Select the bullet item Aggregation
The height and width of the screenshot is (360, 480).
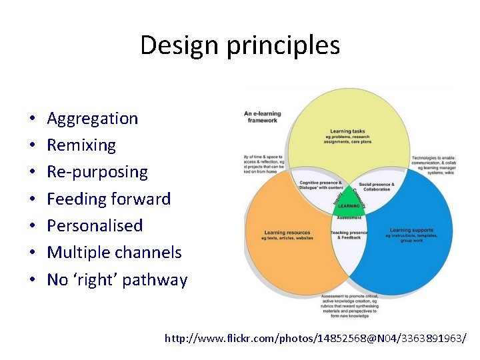pyautogui.click(x=92, y=119)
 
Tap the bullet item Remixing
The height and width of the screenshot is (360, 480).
pyautogui.click(x=81, y=145)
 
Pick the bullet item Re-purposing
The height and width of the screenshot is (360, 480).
pyautogui.click(x=97, y=172)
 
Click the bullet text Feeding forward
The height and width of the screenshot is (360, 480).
pyautogui.click(x=109, y=199)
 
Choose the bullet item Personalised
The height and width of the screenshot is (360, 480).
pyautogui.click(x=95, y=225)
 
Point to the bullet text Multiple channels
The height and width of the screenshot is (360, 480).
pyautogui.click(x=114, y=253)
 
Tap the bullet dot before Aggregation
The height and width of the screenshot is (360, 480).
pyautogui.click(x=32, y=119)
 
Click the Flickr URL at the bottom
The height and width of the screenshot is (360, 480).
pyautogui.click(x=315, y=339)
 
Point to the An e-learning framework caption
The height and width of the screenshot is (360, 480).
pyautogui.click(x=263, y=117)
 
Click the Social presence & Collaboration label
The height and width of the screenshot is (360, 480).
pyautogui.click(x=377, y=186)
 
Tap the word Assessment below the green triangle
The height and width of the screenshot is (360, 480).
pyautogui.click(x=348, y=217)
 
